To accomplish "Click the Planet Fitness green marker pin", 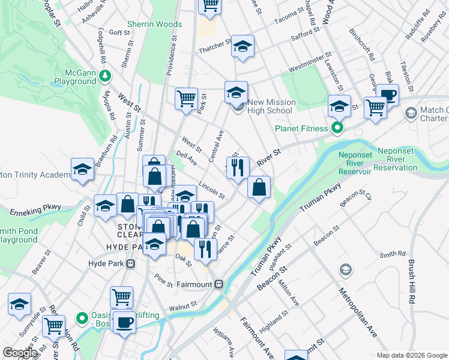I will [337, 128].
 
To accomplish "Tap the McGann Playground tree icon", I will [106, 75].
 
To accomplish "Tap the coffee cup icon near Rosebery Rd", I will [387, 95].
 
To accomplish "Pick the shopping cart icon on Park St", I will [186, 98].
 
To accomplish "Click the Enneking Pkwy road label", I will [35, 209].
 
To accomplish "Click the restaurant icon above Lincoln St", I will [238, 168].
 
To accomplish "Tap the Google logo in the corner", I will [20, 353].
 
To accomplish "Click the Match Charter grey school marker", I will [411, 113].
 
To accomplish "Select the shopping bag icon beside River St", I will [259, 188].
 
